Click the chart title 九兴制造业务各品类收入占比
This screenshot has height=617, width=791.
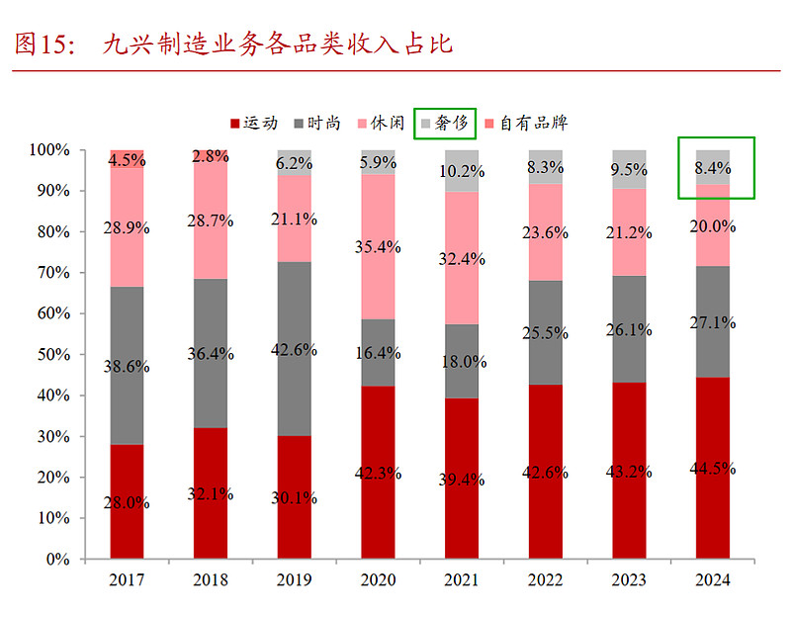277,44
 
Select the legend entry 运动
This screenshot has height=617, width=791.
255,124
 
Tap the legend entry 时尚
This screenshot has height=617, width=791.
316,124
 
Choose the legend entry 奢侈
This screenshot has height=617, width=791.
446,124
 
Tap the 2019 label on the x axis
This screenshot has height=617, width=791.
294,579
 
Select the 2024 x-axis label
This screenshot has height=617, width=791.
713,579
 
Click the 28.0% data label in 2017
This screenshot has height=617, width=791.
127,502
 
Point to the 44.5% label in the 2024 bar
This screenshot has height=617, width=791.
713,468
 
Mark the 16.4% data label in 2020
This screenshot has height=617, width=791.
378,352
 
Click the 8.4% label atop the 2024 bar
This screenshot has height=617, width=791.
713,168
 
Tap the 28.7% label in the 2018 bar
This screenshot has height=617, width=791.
211,220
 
